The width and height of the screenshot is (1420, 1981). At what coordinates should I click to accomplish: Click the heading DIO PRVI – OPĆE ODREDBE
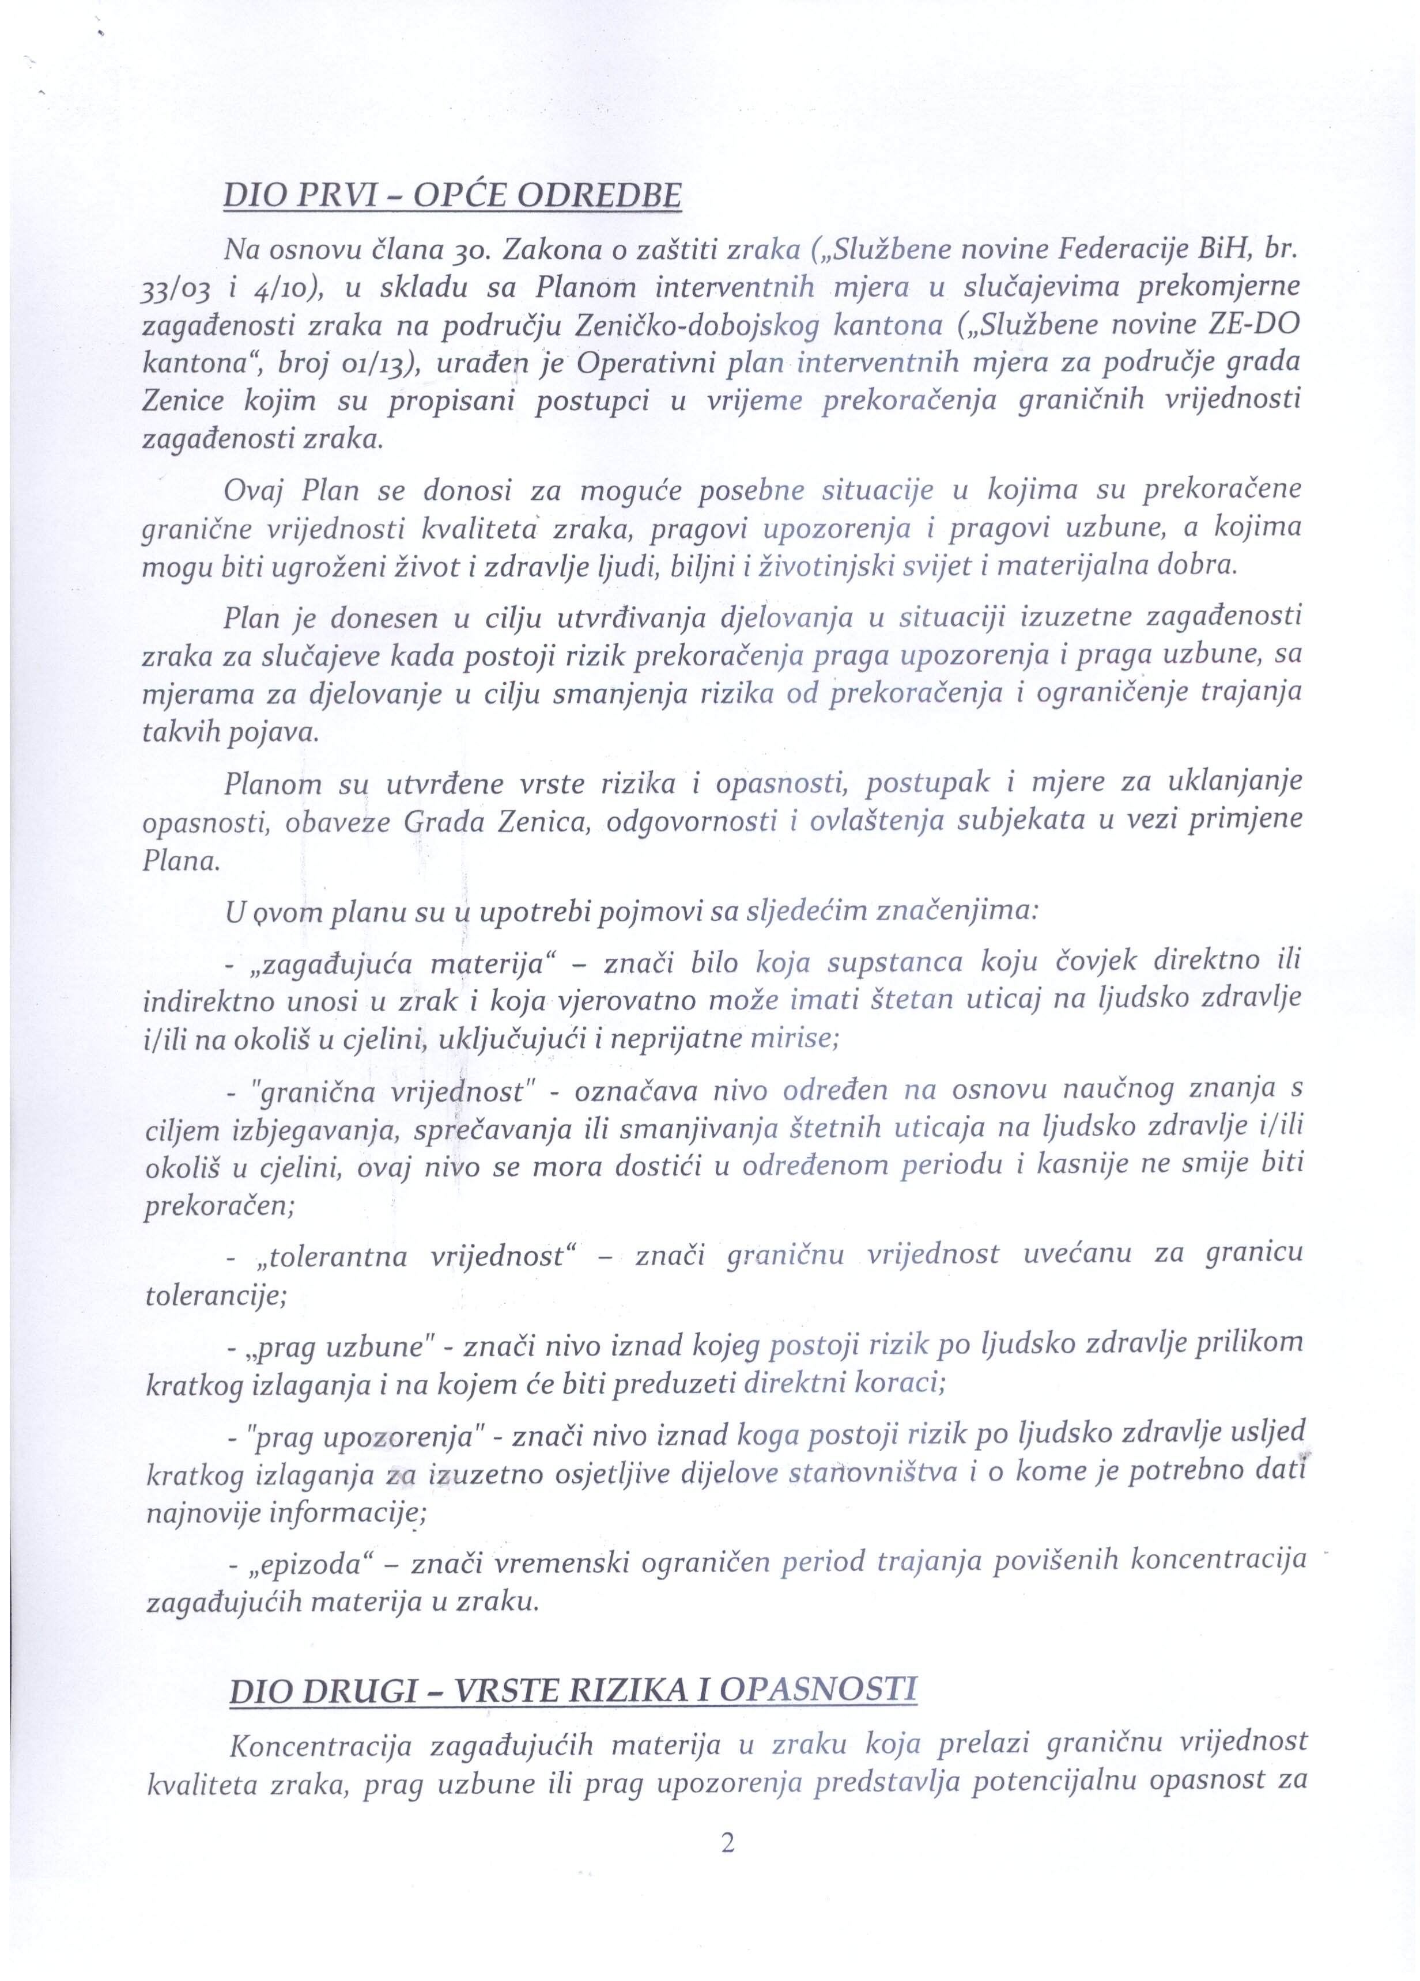point(452,195)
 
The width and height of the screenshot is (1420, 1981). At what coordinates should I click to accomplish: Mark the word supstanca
point(895,962)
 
